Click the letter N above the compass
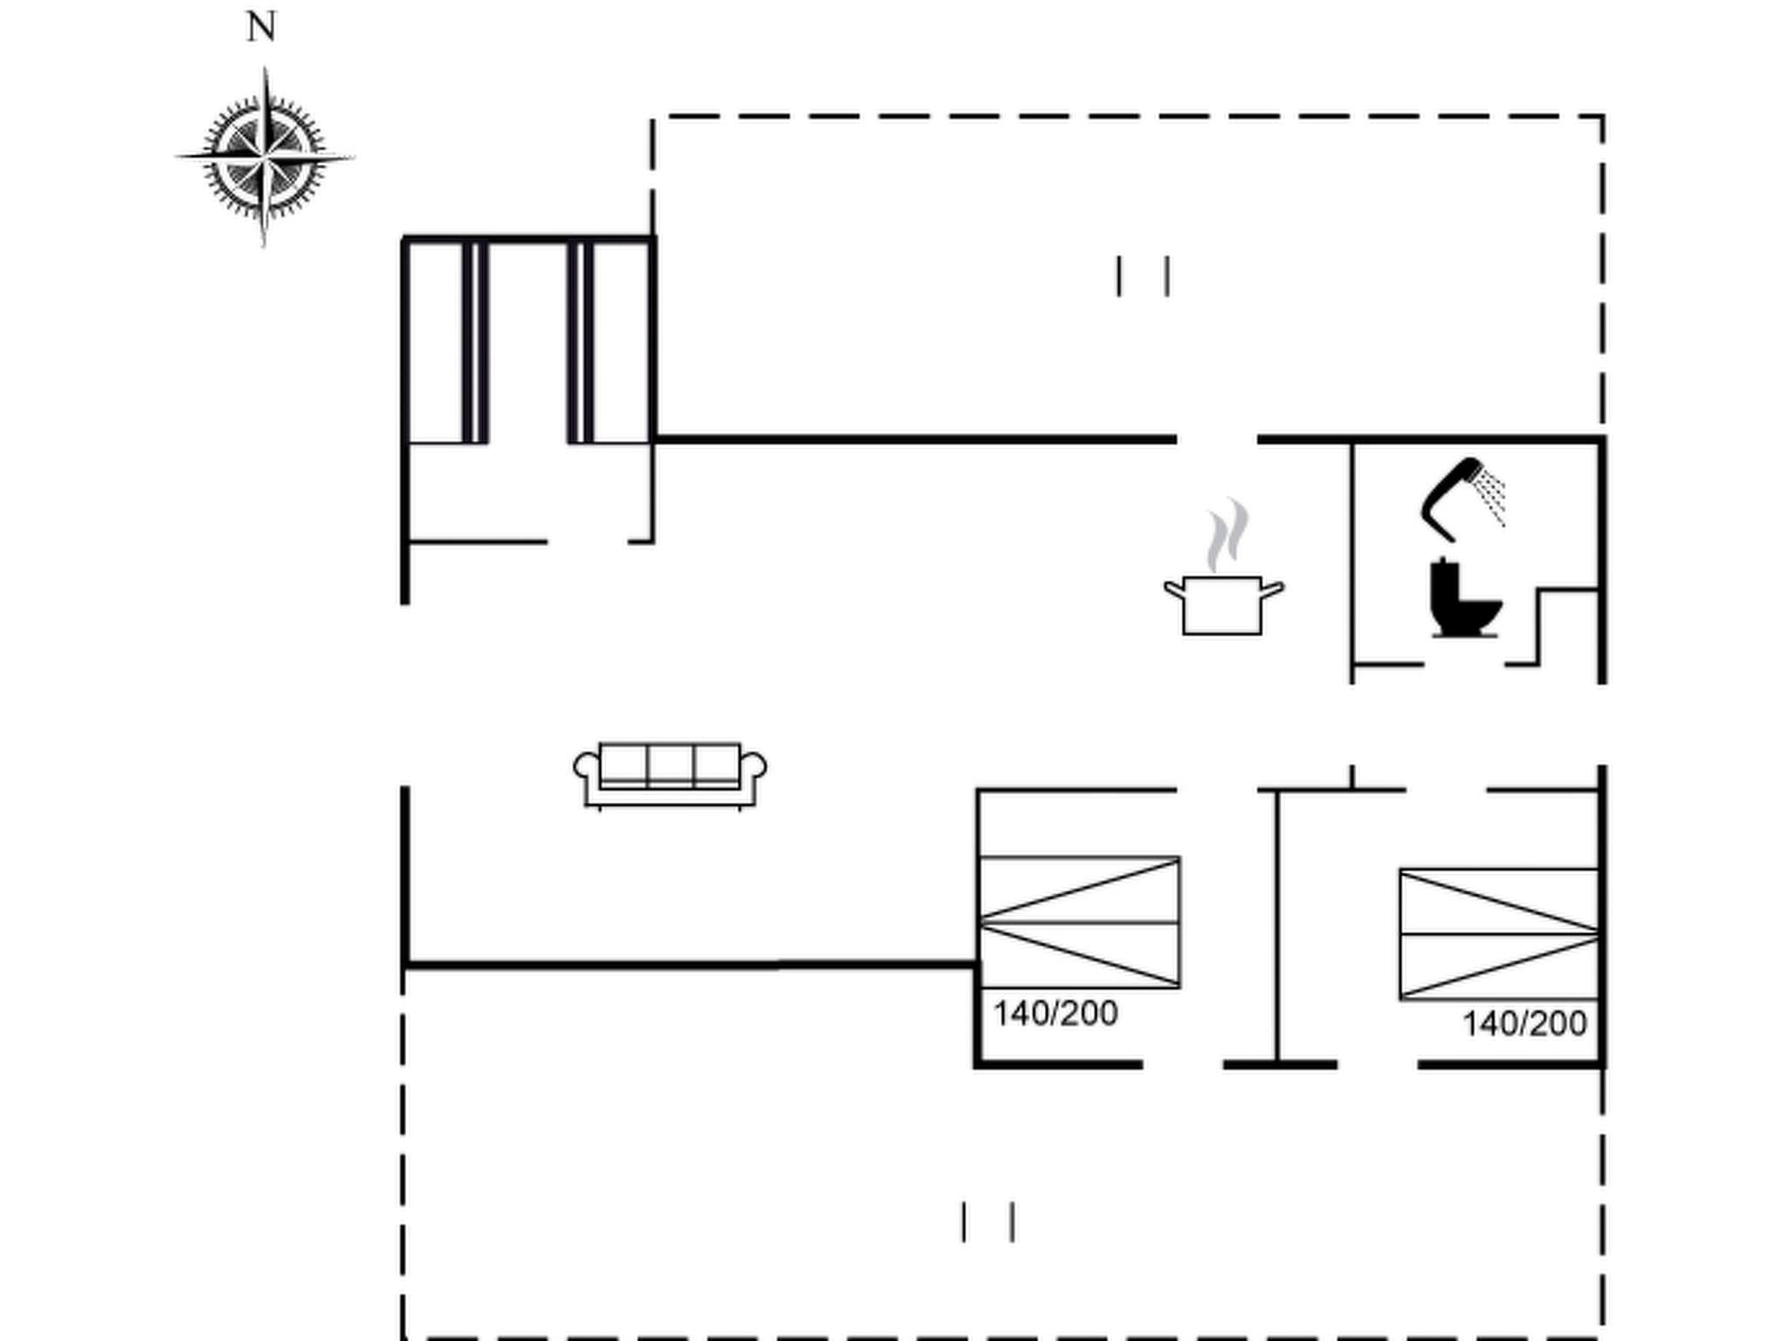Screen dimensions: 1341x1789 [261, 28]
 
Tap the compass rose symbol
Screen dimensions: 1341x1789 [265, 158]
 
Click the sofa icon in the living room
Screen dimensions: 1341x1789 [670, 774]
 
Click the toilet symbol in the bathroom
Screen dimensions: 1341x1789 [1462, 599]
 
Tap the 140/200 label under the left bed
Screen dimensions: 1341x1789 [1055, 1014]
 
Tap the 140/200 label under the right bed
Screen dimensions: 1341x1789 [1524, 1024]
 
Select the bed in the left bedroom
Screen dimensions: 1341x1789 [1080, 922]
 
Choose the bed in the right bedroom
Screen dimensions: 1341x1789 [1499, 933]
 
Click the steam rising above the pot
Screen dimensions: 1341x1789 [1228, 533]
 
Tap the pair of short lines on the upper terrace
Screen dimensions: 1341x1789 [1143, 276]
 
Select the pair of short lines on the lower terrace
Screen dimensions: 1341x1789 [988, 1221]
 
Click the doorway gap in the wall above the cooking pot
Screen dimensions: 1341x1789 [1217, 439]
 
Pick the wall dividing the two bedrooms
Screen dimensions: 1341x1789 [1277, 925]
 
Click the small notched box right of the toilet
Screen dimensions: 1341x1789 [1569, 625]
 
